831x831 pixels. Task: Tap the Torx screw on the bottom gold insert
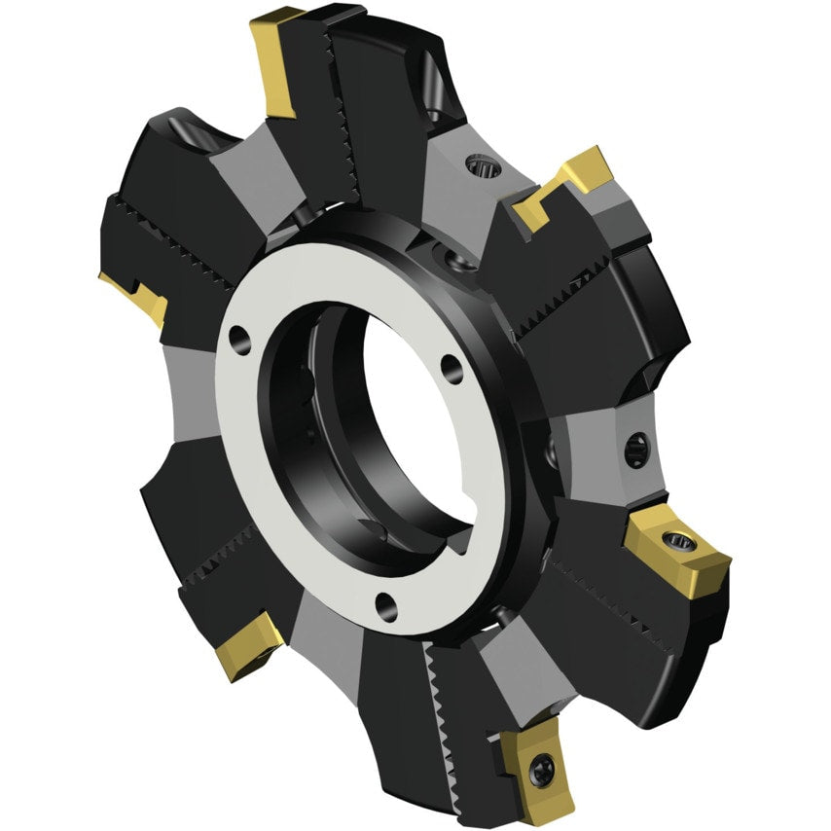(x=541, y=771)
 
